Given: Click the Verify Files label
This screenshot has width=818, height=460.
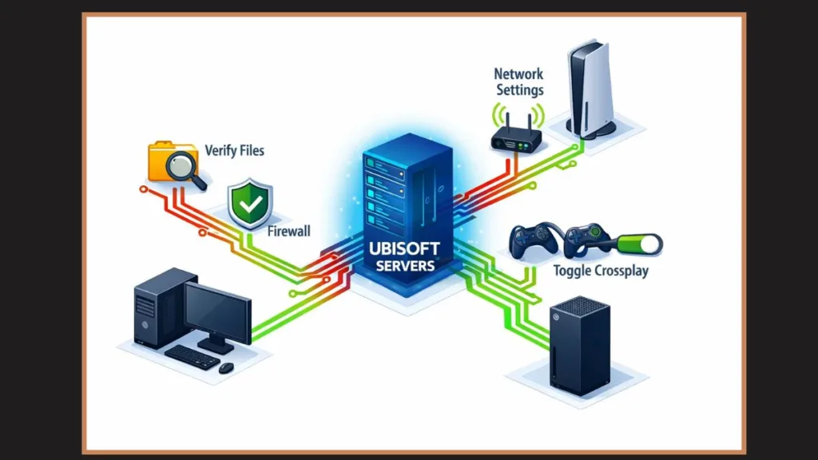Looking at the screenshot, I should click(234, 149).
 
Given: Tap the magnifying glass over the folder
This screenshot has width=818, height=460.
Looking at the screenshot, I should click(184, 168).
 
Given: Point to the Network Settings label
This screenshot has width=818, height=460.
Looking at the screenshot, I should click(520, 81).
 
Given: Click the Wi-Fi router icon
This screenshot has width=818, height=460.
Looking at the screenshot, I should click(516, 137).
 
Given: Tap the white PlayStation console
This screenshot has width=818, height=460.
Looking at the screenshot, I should click(591, 88).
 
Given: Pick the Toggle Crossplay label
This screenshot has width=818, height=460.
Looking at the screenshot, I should click(600, 270).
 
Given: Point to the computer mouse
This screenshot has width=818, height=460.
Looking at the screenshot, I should click(226, 367).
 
